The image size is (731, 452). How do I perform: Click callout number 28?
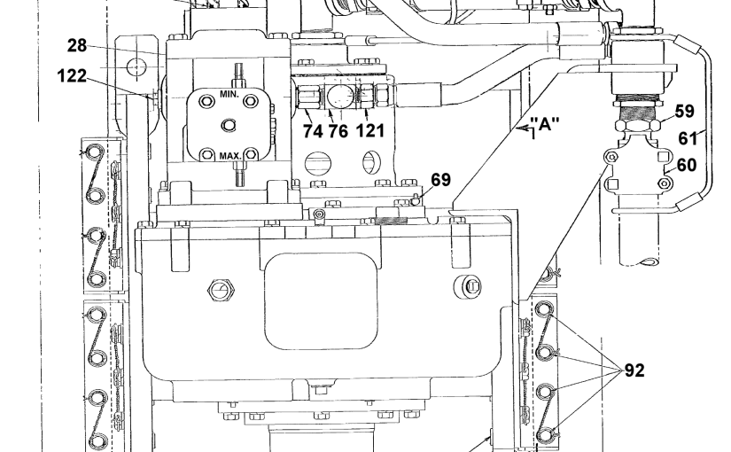[x=77, y=46]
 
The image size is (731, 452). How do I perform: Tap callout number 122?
[x=72, y=75]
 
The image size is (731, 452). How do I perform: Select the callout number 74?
[x=313, y=131]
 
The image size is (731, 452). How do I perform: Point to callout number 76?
[x=338, y=131]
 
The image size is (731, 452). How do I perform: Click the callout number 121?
[x=370, y=130]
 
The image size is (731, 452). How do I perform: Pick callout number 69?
[x=440, y=180]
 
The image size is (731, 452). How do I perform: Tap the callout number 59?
[x=684, y=112]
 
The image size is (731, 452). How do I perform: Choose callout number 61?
[x=688, y=138]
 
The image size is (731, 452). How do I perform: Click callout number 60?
[x=686, y=165]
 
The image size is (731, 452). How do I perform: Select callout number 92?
[x=634, y=370]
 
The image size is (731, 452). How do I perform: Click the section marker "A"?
[x=545, y=123]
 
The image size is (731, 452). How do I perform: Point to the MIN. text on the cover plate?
[x=229, y=94]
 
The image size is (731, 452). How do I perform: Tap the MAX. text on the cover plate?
[x=230, y=156]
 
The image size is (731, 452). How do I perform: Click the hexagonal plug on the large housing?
[x=221, y=290]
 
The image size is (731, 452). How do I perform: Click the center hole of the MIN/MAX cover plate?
[x=228, y=125]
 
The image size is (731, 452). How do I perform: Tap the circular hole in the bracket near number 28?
[x=136, y=67]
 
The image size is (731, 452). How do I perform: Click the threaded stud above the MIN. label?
[x=239, y=75]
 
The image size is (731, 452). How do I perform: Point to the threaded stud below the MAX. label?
[x=239, y=174]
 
